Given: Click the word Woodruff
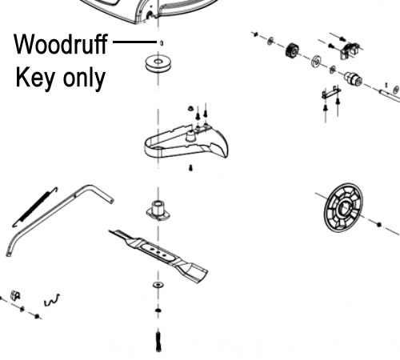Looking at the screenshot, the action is (x=61, y=44).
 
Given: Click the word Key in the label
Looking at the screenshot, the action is (x=35, y=78).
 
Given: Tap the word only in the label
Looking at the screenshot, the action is (x=84, y=78).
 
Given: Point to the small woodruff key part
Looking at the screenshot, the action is (x=162, y=43).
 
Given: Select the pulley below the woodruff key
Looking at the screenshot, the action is (x=158, y=64).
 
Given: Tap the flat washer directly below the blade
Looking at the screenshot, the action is (x=158, y=285).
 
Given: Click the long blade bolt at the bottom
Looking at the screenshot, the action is (x=158, y=342).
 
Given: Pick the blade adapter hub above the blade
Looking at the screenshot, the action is (x=158, y=210).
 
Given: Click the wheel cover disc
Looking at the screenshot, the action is (x=343, y=208).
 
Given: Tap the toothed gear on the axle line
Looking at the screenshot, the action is (x=292, y=50).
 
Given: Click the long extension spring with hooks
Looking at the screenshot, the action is (x=35, y=207).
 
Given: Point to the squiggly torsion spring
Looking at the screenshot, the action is (x=52, y=300).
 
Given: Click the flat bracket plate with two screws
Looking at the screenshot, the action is (x=331, y=93).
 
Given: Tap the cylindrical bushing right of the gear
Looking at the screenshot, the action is (x=353, y=78).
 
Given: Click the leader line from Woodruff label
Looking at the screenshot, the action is (x=134, y=42).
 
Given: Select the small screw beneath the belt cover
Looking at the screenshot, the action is (x=190, y=168).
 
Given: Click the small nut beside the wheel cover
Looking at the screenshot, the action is (x=379, y=225).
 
